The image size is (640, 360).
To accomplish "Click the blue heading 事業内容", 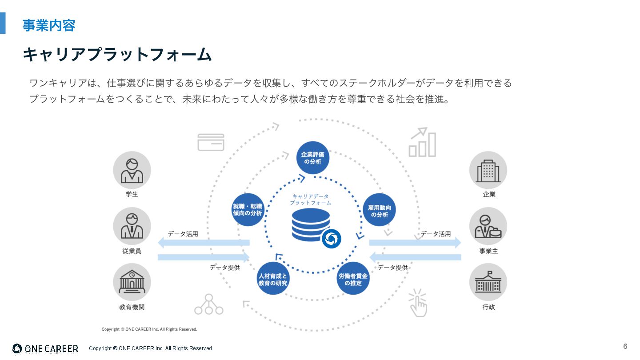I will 49,25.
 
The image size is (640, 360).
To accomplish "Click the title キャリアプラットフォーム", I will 117,54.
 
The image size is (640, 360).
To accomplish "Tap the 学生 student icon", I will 132,170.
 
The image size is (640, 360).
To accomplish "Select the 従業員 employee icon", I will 132,226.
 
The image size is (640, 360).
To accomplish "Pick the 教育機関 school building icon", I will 132,282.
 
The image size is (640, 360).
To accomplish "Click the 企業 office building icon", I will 488,170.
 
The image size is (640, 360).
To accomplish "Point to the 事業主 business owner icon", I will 488,226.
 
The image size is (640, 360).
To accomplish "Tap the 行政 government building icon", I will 488,282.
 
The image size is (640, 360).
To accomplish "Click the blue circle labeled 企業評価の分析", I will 313,158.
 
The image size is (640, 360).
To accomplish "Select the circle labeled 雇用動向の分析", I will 379,210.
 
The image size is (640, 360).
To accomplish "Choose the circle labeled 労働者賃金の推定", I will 353,279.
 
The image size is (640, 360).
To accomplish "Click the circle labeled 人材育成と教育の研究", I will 273,279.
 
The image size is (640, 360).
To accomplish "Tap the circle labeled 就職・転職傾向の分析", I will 248,210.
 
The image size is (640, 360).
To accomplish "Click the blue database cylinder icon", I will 311,224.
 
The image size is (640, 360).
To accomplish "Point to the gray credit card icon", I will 211,142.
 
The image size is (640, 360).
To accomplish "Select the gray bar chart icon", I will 422,143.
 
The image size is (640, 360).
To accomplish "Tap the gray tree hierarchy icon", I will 209,304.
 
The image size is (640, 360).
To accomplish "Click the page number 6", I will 625,346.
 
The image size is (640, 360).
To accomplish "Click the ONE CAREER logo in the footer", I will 45,349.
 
